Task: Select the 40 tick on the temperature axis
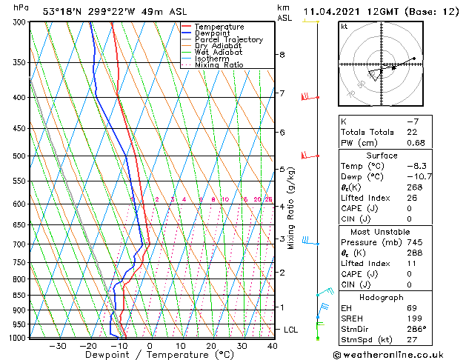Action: point(273,346)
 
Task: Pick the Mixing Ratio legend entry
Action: point(219,65)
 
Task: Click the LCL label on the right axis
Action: point(292,329)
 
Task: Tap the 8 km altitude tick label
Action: point(282,55)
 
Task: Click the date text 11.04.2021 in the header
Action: point(334,11)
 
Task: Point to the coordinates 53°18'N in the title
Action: point(64,11)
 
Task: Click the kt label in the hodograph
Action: point(344,26)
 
